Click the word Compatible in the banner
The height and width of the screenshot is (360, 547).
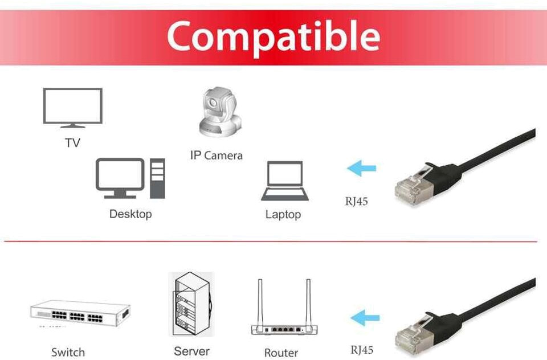point(273,35)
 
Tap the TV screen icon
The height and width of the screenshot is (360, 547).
point(73,107)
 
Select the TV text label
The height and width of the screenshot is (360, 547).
point(72,142)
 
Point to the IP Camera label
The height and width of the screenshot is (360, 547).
point(216,155)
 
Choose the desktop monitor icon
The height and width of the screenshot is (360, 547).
point(120,178)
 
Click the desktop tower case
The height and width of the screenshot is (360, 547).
point(157,178)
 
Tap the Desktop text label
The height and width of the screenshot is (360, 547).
point(130,214)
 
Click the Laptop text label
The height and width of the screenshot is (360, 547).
point(283,215)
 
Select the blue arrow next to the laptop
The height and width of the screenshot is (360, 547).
point(362,168)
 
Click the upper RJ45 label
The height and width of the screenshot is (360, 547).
point(356,201)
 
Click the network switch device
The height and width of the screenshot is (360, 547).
point(79,314)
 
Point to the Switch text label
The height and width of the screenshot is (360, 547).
point(68,352)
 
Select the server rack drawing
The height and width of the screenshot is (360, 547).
point(191,305)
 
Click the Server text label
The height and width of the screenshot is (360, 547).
point(191,351)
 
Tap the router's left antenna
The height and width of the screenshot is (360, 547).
point(260,302)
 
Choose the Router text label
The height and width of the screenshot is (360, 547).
point(281,353)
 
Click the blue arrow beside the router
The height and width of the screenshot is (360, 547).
point(365,317)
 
